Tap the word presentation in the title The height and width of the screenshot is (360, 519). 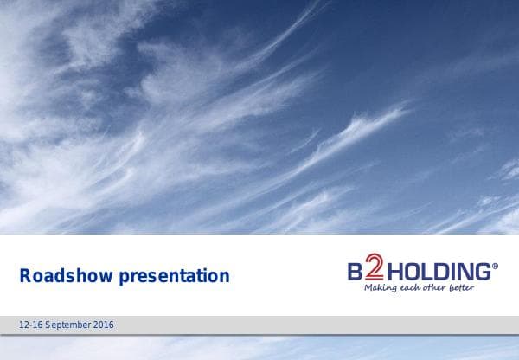tap(176, 277)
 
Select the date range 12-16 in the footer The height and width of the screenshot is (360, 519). tap(31, 325)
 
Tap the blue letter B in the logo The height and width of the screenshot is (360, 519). tap(353, 270)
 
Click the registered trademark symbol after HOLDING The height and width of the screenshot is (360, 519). tap(495, 266)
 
